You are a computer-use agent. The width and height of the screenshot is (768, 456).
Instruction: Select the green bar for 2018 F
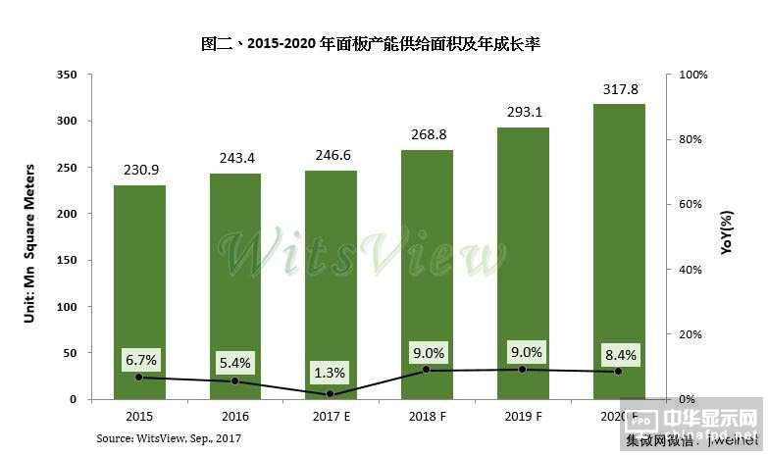(x=427, y=275)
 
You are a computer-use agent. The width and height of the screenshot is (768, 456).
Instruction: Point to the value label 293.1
(x=523, y=113)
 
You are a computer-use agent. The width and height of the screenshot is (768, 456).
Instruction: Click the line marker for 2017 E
(x=331, y=394)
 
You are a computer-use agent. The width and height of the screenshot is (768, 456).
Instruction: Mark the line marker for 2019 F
(x=523, y=369)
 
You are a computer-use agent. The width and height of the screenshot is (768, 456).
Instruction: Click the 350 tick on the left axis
(x=68, y=75)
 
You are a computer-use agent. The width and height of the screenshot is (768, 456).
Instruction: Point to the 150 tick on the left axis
(x=68, y=260)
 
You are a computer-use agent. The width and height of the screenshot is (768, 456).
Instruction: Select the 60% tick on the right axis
(x=691, y=204)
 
